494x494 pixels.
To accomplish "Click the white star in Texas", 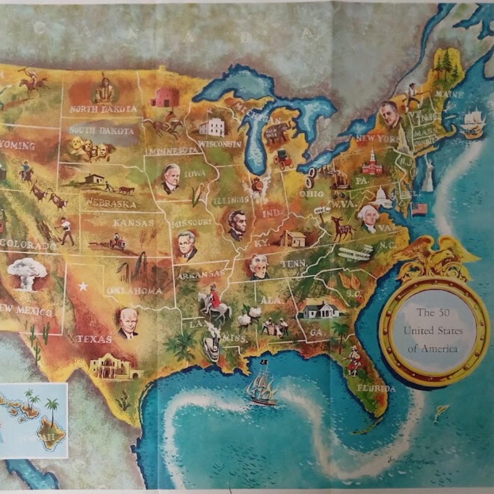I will point(83,286).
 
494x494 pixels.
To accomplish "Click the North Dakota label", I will point(103,109).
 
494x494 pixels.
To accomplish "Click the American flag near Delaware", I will point(419,209).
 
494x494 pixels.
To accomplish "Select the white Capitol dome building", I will point(381,198).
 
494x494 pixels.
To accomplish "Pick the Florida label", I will point(376,388).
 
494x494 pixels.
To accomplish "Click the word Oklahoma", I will point(134,290).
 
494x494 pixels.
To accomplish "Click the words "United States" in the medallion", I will point(433,331).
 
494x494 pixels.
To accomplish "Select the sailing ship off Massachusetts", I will point(473,123).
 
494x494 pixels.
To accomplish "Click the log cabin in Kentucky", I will point(292,238).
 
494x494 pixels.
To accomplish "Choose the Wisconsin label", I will point(220,144).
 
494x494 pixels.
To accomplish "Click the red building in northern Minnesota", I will point(165,97).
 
